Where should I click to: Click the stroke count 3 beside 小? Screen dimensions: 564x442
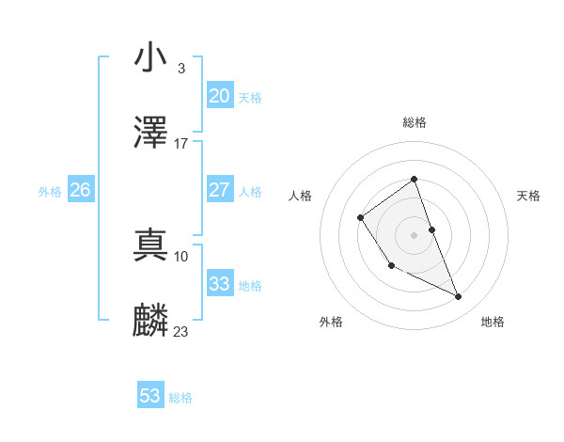coord(180,68)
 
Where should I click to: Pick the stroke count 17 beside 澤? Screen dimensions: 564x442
coord(181,144)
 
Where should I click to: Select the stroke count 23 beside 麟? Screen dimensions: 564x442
coord(181,331)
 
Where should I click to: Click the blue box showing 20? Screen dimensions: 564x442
coord(219,96)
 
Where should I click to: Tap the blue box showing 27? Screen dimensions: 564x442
coord(219,190)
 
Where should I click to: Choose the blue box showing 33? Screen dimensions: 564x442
coord(219,284)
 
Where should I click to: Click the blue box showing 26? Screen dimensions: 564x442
coord(80,190)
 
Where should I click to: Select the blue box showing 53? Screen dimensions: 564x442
coord(150,396)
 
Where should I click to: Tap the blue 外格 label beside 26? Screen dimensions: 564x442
coord(50,192)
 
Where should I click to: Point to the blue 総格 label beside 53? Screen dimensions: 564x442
coord(180,398)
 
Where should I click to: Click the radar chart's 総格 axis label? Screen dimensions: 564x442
coord(414,122)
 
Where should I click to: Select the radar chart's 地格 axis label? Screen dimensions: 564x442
coord(493,322)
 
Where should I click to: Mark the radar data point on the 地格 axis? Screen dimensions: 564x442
coord(459,297)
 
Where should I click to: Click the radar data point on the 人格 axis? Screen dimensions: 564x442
coord(361,218)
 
